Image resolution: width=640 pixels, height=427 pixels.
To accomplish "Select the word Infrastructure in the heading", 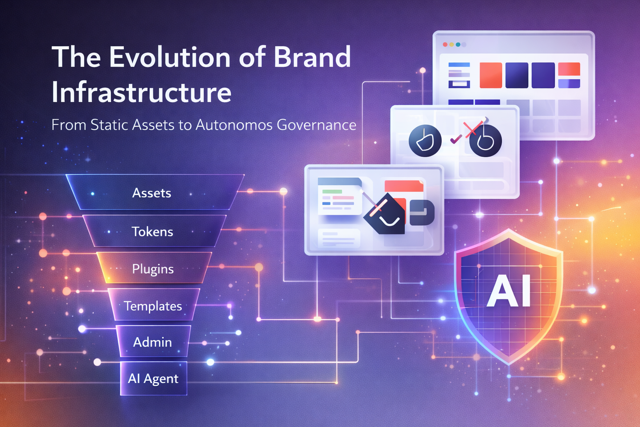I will point(141,93).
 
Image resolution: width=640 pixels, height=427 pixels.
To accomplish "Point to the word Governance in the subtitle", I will point(317,125).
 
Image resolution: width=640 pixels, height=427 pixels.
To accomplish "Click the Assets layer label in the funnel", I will point(152,193).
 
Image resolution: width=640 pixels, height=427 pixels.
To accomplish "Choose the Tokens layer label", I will point(152,232).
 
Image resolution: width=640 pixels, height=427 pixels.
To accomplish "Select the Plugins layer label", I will point(153,269).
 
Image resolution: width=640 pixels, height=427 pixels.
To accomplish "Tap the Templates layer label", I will point(153,306).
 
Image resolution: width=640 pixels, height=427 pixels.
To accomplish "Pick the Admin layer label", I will point(152,342).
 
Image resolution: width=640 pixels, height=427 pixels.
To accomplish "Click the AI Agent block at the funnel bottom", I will point(153,379).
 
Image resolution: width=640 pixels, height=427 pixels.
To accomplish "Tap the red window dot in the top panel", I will point(445,45).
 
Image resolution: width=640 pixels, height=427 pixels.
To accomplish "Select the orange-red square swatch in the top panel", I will point(490,75).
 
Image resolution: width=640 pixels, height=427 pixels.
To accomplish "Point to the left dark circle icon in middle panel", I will point(425,141).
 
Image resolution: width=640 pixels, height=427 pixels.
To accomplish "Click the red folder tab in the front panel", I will point(403,186).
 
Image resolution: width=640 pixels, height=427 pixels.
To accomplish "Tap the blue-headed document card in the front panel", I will point(340,196).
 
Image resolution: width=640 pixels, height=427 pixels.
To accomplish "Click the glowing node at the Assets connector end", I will point(283,191).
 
